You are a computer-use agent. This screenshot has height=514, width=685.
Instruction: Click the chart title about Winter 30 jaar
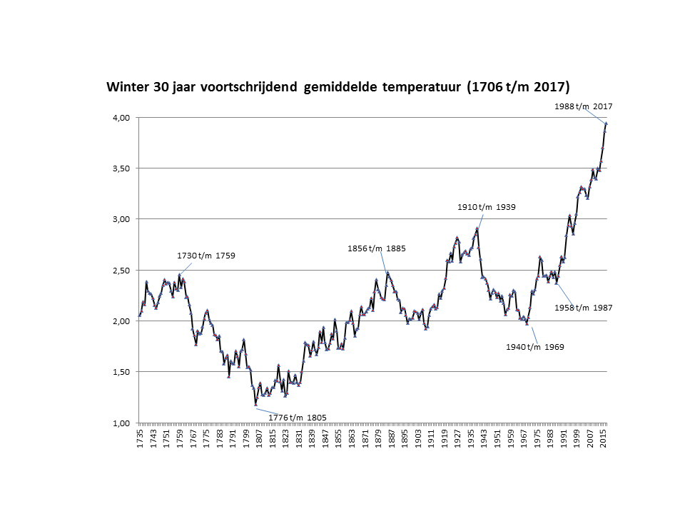pos(338,87)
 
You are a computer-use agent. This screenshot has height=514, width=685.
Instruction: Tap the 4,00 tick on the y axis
pos(121,118)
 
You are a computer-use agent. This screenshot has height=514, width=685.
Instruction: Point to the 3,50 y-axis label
pos(121,168)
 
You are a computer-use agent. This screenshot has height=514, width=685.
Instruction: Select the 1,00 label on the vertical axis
pos(121,423)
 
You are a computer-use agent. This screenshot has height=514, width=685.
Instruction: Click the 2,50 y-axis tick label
pos(121,271)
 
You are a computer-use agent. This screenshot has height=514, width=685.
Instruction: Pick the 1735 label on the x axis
pos(140,438)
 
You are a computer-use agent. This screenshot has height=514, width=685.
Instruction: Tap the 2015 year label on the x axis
pos(604,438)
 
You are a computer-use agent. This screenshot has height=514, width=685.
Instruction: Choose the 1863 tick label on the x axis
pos(352,438)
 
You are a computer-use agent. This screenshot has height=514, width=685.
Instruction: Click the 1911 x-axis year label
pos(431,438)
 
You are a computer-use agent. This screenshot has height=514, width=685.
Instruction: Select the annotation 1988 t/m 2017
pos(583,106)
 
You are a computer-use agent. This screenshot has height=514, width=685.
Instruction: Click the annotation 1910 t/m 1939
pos(486,207)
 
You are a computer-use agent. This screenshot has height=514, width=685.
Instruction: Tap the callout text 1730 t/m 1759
pos(205,256)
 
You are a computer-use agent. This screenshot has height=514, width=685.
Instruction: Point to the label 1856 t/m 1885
pos(376,248)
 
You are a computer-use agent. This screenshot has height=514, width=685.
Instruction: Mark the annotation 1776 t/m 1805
pos(297,418)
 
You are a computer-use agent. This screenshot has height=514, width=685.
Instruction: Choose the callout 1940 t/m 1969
pos(534,347)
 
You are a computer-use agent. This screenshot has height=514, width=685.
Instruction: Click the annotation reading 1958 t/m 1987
pos(583,308)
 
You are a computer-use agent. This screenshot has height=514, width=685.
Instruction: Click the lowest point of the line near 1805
pos(256,405)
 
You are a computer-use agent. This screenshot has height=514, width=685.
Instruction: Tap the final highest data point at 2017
pos(607,124)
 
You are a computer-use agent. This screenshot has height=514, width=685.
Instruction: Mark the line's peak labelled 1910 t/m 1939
pos(477,228)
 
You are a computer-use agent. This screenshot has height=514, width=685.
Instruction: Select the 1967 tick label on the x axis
pos(524,438)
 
